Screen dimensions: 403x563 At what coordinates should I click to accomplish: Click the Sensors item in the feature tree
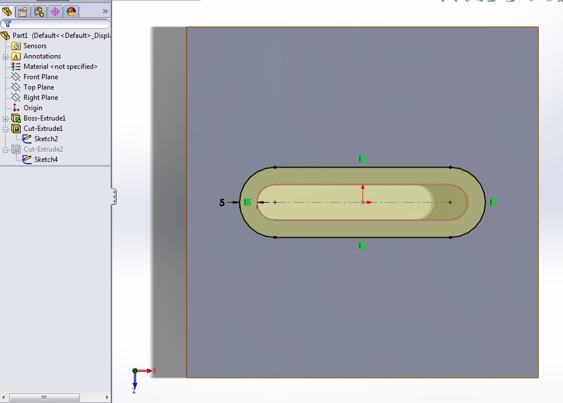click(x=34, y=46)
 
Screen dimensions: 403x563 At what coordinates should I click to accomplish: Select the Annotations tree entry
click(x=41, y=56)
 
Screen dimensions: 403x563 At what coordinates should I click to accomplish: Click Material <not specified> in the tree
click(x=60, y=67)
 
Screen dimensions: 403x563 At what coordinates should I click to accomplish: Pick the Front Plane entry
click(x=40, y=77)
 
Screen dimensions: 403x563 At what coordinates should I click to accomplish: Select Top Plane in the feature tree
click(x=38, y=87)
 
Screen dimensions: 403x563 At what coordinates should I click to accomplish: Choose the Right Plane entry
click(x=40, y=98)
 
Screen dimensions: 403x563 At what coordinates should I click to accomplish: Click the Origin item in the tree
click(x=33, y=108)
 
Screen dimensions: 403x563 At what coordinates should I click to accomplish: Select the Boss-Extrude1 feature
click(x=44, y=118)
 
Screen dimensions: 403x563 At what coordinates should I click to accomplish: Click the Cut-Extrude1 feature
click(x=43, y=129)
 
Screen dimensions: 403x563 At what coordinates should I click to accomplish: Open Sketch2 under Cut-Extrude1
click(x=45, y=139)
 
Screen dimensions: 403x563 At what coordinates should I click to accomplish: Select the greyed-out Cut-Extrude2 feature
click(x=43, y=149)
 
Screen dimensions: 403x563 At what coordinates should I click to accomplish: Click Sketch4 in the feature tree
click(x=45, y=160)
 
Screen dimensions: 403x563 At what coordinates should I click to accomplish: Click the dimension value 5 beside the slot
click(x=222, y=203)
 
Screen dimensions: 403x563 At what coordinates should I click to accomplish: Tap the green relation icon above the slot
click(x=363, y=159)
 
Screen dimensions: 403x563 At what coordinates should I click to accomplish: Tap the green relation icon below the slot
click(x=363, y=246)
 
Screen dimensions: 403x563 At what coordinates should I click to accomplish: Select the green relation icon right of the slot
click(x=493, y=202)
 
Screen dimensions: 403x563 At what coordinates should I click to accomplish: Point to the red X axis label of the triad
click(x=154, y=371)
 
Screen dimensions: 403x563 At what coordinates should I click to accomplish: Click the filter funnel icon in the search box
click(x=7, y=24)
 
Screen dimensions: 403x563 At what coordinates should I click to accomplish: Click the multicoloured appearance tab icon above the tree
click(x=71, y=11)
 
